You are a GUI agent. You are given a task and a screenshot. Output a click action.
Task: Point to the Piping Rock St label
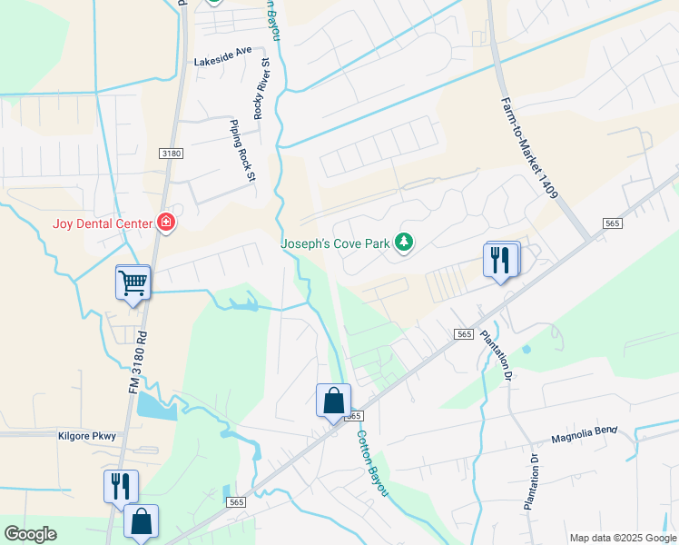(x=241, y=151)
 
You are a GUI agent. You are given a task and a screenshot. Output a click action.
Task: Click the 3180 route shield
(x=171, y=154)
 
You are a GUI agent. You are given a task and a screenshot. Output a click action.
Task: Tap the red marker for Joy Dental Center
(x=165, y=222)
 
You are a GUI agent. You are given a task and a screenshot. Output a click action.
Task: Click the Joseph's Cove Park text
(x=334, y=243)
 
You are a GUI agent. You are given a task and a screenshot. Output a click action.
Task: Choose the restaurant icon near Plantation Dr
(x=502, y=260)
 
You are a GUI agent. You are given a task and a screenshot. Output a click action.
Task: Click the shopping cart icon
(x=133, y=282)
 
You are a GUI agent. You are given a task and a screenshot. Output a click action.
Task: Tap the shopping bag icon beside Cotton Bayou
(x=333, y=401)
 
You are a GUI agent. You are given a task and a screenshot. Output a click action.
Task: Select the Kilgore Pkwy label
(x=87, y=436)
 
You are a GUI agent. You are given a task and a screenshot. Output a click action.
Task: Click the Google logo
(x=30, y=534)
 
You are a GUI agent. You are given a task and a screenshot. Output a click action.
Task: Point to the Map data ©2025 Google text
(x=623, y=538)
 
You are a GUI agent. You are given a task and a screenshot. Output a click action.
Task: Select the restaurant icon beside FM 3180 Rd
(x=120, y=487)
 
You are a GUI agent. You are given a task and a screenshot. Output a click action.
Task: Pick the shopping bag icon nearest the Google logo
(x=141, y=521)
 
